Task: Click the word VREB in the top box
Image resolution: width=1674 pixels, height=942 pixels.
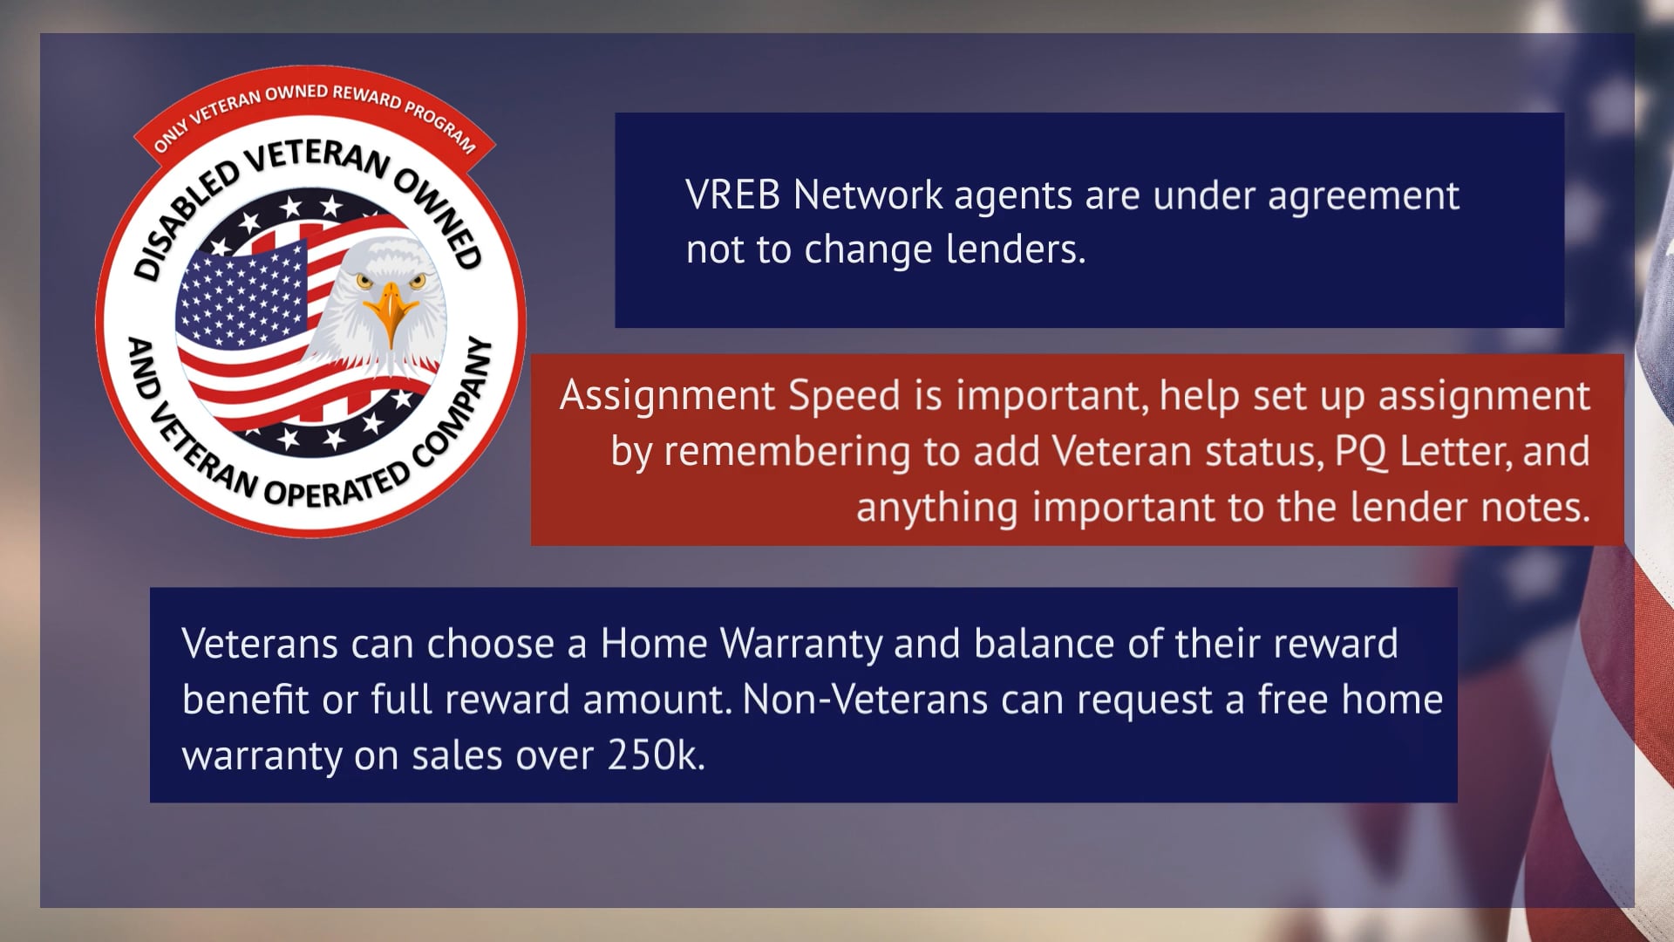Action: [x=732, y=195]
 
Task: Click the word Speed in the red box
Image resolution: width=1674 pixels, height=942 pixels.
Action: [x=843, y=396]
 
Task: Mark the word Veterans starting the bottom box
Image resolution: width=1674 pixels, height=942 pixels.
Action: [x=260, y=645]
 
